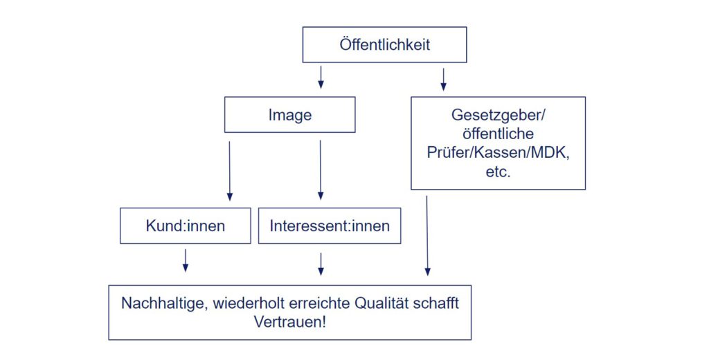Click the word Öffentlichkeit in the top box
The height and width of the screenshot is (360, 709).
click(385, 44)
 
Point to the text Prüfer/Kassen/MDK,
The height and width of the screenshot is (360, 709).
click(499, 152)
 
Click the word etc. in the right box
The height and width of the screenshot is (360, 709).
click(499, 172)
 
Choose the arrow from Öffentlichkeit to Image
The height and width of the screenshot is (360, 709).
click(321, 78)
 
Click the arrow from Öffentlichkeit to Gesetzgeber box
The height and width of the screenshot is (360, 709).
click(444, 79)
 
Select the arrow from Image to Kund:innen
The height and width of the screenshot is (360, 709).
click(230, 170)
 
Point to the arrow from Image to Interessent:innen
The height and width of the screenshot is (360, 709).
click(321, 170)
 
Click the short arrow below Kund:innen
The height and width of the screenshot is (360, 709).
click(186, 260)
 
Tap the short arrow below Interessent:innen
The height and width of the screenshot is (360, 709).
click(321, 264)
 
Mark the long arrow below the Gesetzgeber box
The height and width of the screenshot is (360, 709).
click(427, 235)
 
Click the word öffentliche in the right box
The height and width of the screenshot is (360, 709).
click(499, 134)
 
